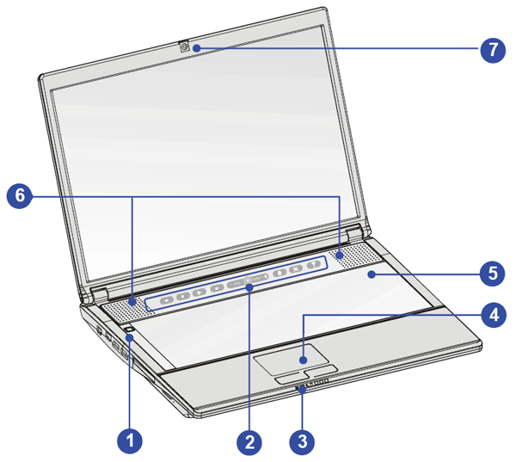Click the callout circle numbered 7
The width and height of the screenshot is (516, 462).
point(493,49)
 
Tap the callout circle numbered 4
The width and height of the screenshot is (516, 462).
point(493,316)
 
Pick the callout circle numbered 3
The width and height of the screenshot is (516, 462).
point(301,442)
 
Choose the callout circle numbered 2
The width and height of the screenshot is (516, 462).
point(249,442)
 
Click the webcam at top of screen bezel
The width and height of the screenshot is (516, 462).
point(186,46)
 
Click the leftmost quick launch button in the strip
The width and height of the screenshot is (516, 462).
point(165,299)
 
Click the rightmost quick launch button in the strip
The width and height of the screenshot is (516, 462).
point(316,265)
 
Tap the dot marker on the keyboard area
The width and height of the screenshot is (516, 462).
point(370,274)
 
